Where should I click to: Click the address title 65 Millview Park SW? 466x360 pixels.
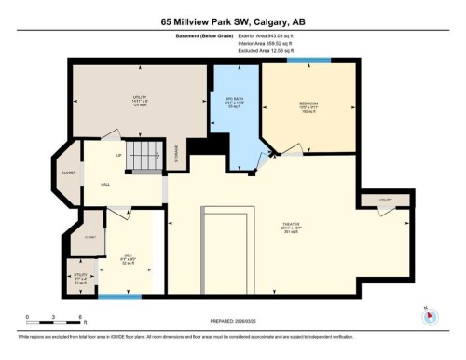coord(232,21)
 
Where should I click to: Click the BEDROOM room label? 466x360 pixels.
coord(308,104)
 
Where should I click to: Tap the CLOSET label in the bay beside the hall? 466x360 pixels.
coord(69,173)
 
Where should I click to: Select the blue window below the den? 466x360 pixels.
coord(120,298)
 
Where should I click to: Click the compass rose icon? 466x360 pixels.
coord(430,315)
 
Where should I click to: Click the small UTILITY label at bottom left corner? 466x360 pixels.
coord(80,277)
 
